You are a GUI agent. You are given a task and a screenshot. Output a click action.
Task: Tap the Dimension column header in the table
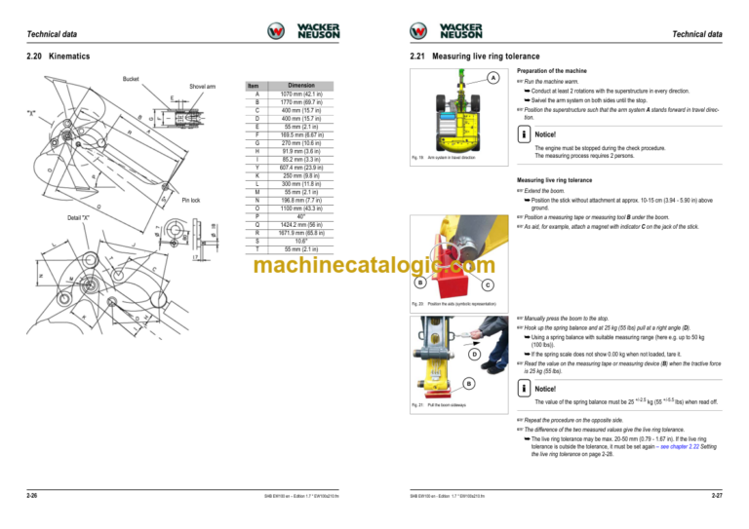click(x=300, y=86)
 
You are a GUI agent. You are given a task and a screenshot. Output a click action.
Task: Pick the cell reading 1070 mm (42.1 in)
click(x=300, y=94)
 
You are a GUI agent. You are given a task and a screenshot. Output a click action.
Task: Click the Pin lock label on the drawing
click(x=192, y=201)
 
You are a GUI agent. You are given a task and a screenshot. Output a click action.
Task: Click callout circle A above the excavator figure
click(x=493, y=78)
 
